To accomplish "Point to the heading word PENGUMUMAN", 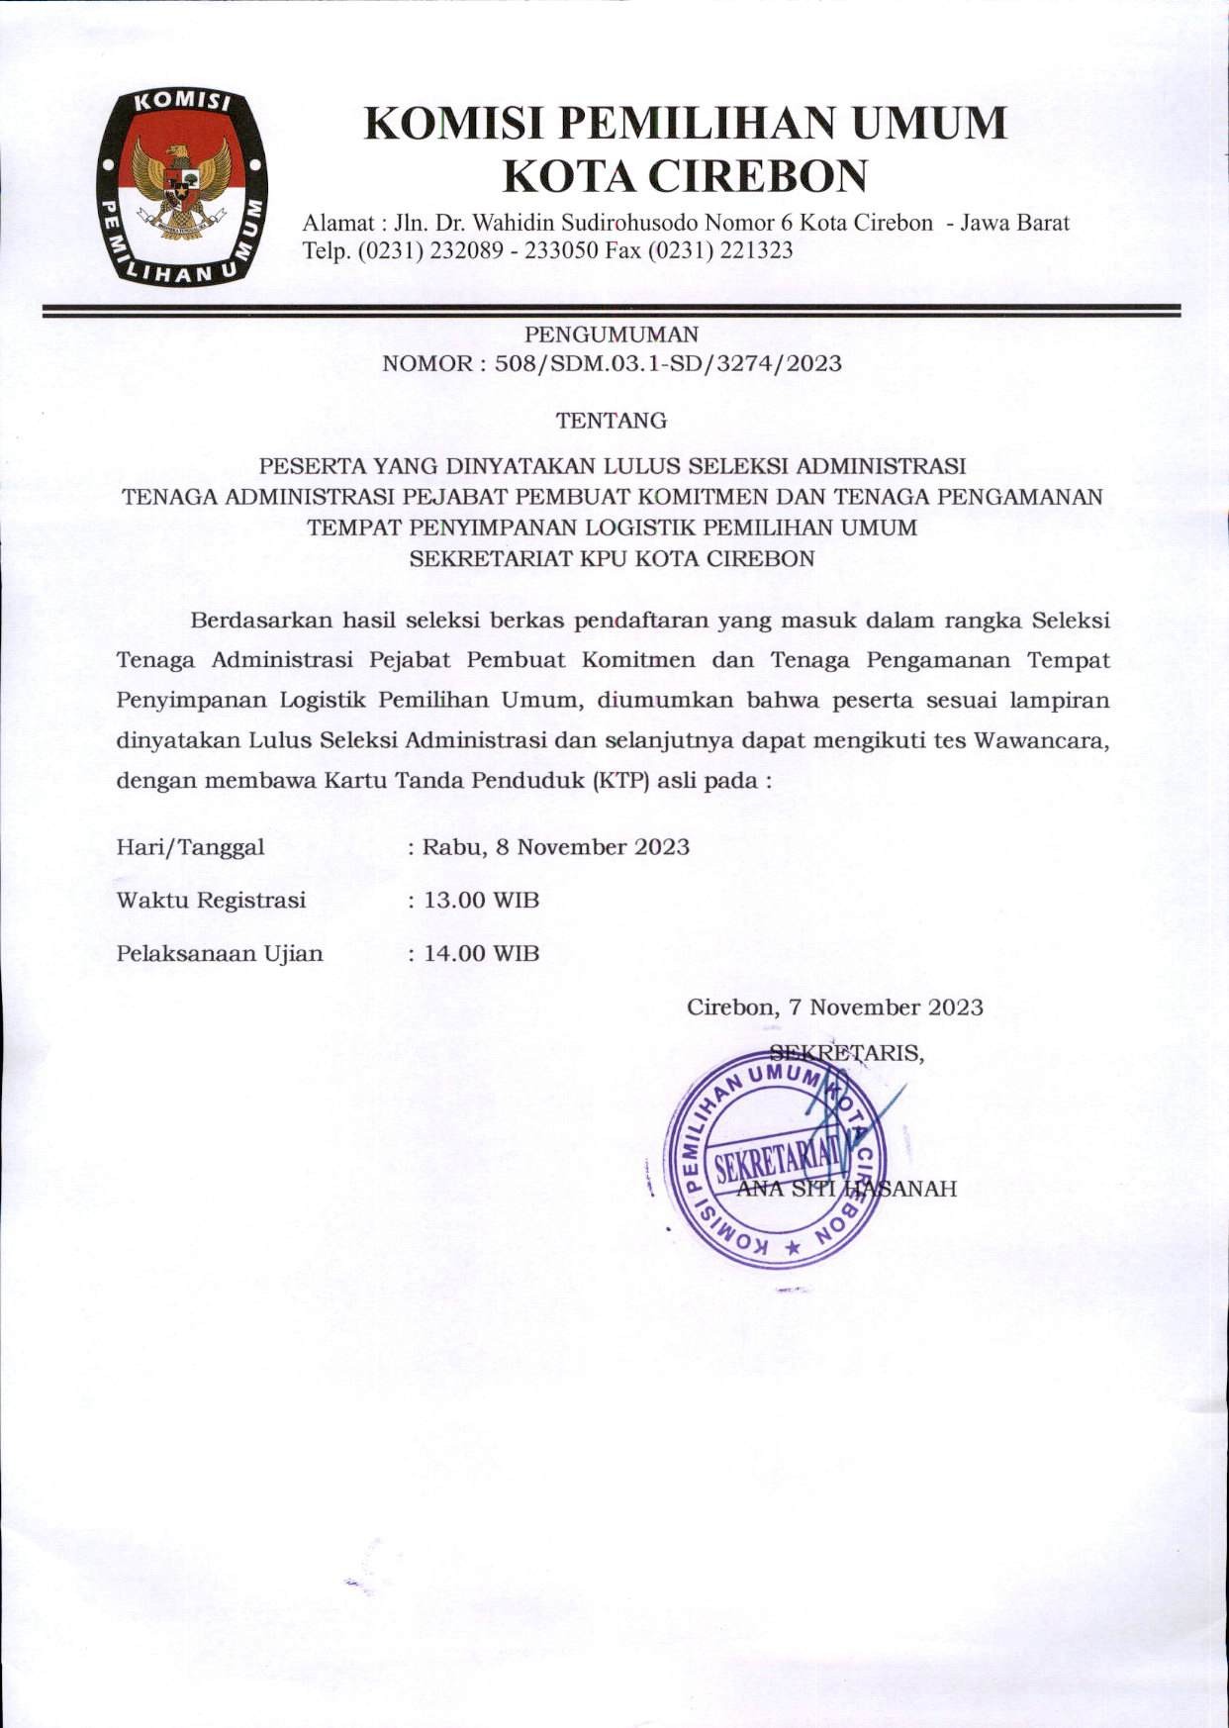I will click(612, 335).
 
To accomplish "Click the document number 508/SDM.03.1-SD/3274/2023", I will click(668, 363).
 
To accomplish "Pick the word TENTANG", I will click(612, 421).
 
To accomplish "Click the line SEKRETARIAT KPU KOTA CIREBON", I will click(612, 558).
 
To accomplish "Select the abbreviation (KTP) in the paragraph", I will click(620, 780).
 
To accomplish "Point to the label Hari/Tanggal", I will click(190, 848).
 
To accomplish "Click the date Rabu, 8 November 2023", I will click(556, 847).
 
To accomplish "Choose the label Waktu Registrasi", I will click(211, 901).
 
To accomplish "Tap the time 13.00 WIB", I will click(481, 901).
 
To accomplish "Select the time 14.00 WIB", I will click(481, 954).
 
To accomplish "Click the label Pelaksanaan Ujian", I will click(220, 954).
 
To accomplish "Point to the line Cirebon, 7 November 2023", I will click(835, 1008).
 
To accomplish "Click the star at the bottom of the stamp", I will click(791, 1248).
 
